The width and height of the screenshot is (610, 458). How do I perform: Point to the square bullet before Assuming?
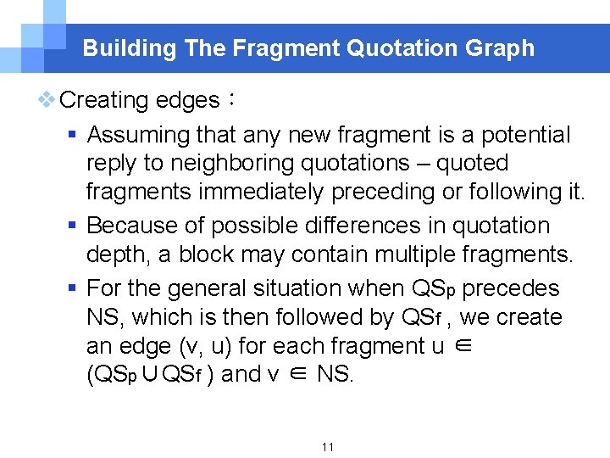74,135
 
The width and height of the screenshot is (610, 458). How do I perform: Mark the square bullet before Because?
74,226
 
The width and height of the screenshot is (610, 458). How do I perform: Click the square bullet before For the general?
74,288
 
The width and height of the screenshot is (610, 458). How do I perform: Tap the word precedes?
511,288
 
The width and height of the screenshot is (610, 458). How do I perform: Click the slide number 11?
328,446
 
